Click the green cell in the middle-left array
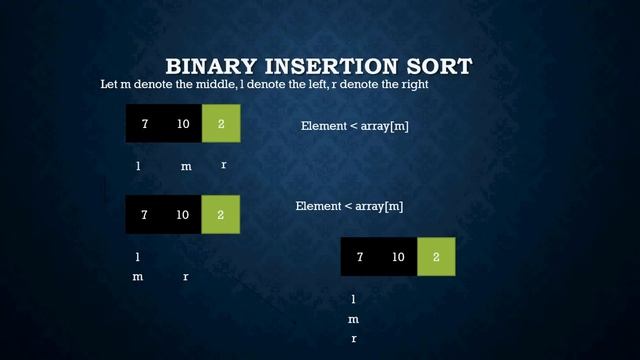[220, 214]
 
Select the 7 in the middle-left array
[144, 214]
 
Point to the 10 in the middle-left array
[182, 214]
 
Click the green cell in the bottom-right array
[436, 257]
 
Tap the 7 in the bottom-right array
[360, 257]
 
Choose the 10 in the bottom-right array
[398, 257]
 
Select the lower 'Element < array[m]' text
[349, 206]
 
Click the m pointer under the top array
[186, 167]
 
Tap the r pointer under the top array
[223, 165]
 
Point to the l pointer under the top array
[138, 166]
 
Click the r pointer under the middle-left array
[186, 277]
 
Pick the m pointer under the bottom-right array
[353, 320]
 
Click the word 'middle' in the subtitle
[196, 85]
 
